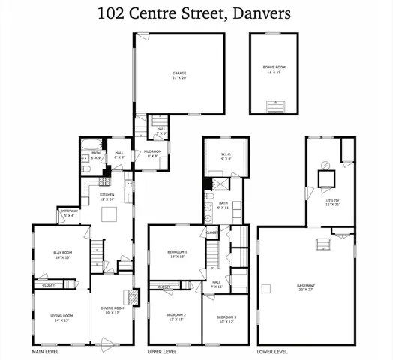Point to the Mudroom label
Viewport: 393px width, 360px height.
[153, 154]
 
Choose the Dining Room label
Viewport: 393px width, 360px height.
[112, 310]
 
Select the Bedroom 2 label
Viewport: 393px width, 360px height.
[176, 316]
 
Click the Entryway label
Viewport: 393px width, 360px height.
[69, 214]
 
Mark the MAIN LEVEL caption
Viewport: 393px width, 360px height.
[46, 352]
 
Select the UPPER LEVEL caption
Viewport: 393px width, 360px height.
[162, 352]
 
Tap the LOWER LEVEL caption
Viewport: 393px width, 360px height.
[272, 352]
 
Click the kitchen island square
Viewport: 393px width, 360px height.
[109, 216]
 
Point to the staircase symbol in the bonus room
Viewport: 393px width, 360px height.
[277, 106]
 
